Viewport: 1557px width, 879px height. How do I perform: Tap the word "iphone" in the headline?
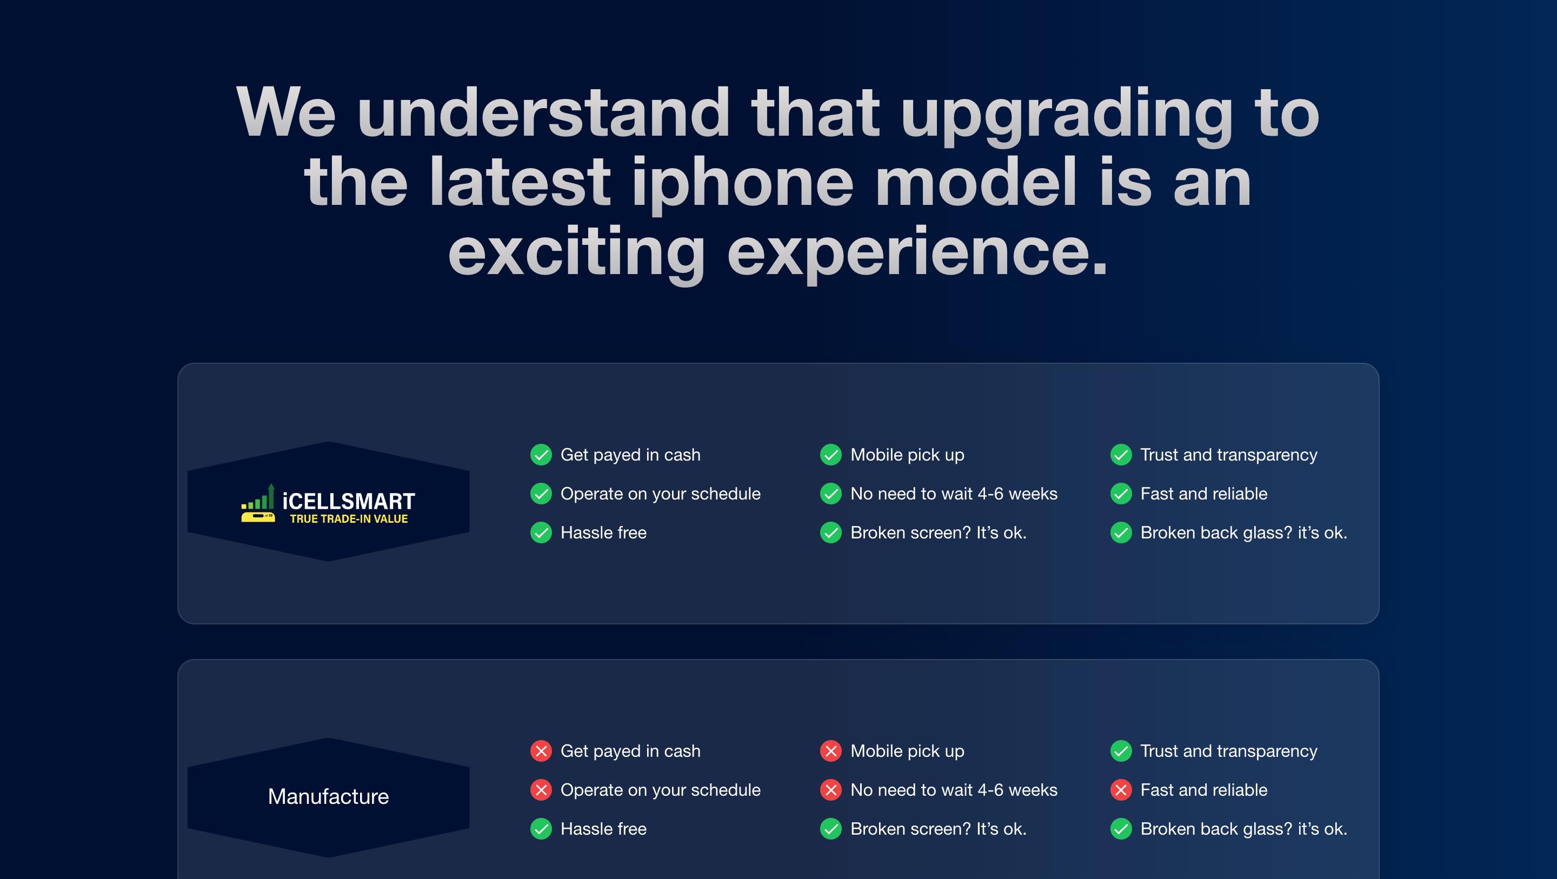(x=743, y=184)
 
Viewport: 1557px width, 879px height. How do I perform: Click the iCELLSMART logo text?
(x=349, y=501)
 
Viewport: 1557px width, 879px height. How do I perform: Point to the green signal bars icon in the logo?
(x=258, y=496)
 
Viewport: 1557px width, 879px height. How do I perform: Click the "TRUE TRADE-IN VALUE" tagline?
(x=349, y=518)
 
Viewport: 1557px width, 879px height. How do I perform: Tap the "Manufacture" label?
(x=328, y=796)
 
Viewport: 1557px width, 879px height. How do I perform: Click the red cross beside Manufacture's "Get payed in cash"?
(x=541, y=751)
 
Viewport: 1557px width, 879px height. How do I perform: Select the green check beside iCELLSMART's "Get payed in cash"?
(x=541, y=455)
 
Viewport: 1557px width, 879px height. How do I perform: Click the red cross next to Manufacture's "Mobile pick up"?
(x=831, y=751)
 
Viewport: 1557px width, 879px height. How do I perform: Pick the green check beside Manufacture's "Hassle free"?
(x=541, y=829)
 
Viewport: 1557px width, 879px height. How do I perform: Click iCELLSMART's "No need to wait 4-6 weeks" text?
(x=954, y=494)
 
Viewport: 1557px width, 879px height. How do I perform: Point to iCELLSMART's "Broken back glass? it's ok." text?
(x=1244, y=532)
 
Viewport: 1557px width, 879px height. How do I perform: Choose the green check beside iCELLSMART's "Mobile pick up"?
(x=831, y=455)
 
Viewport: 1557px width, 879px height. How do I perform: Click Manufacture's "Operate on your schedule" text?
(x=661, y=790)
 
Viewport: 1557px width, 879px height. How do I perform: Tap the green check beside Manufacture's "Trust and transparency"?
(x=1121, y=751)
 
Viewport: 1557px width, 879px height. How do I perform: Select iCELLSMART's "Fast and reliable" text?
(x=1204, y=494)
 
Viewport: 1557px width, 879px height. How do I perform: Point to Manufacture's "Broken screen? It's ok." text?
(x=939, y=829)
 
